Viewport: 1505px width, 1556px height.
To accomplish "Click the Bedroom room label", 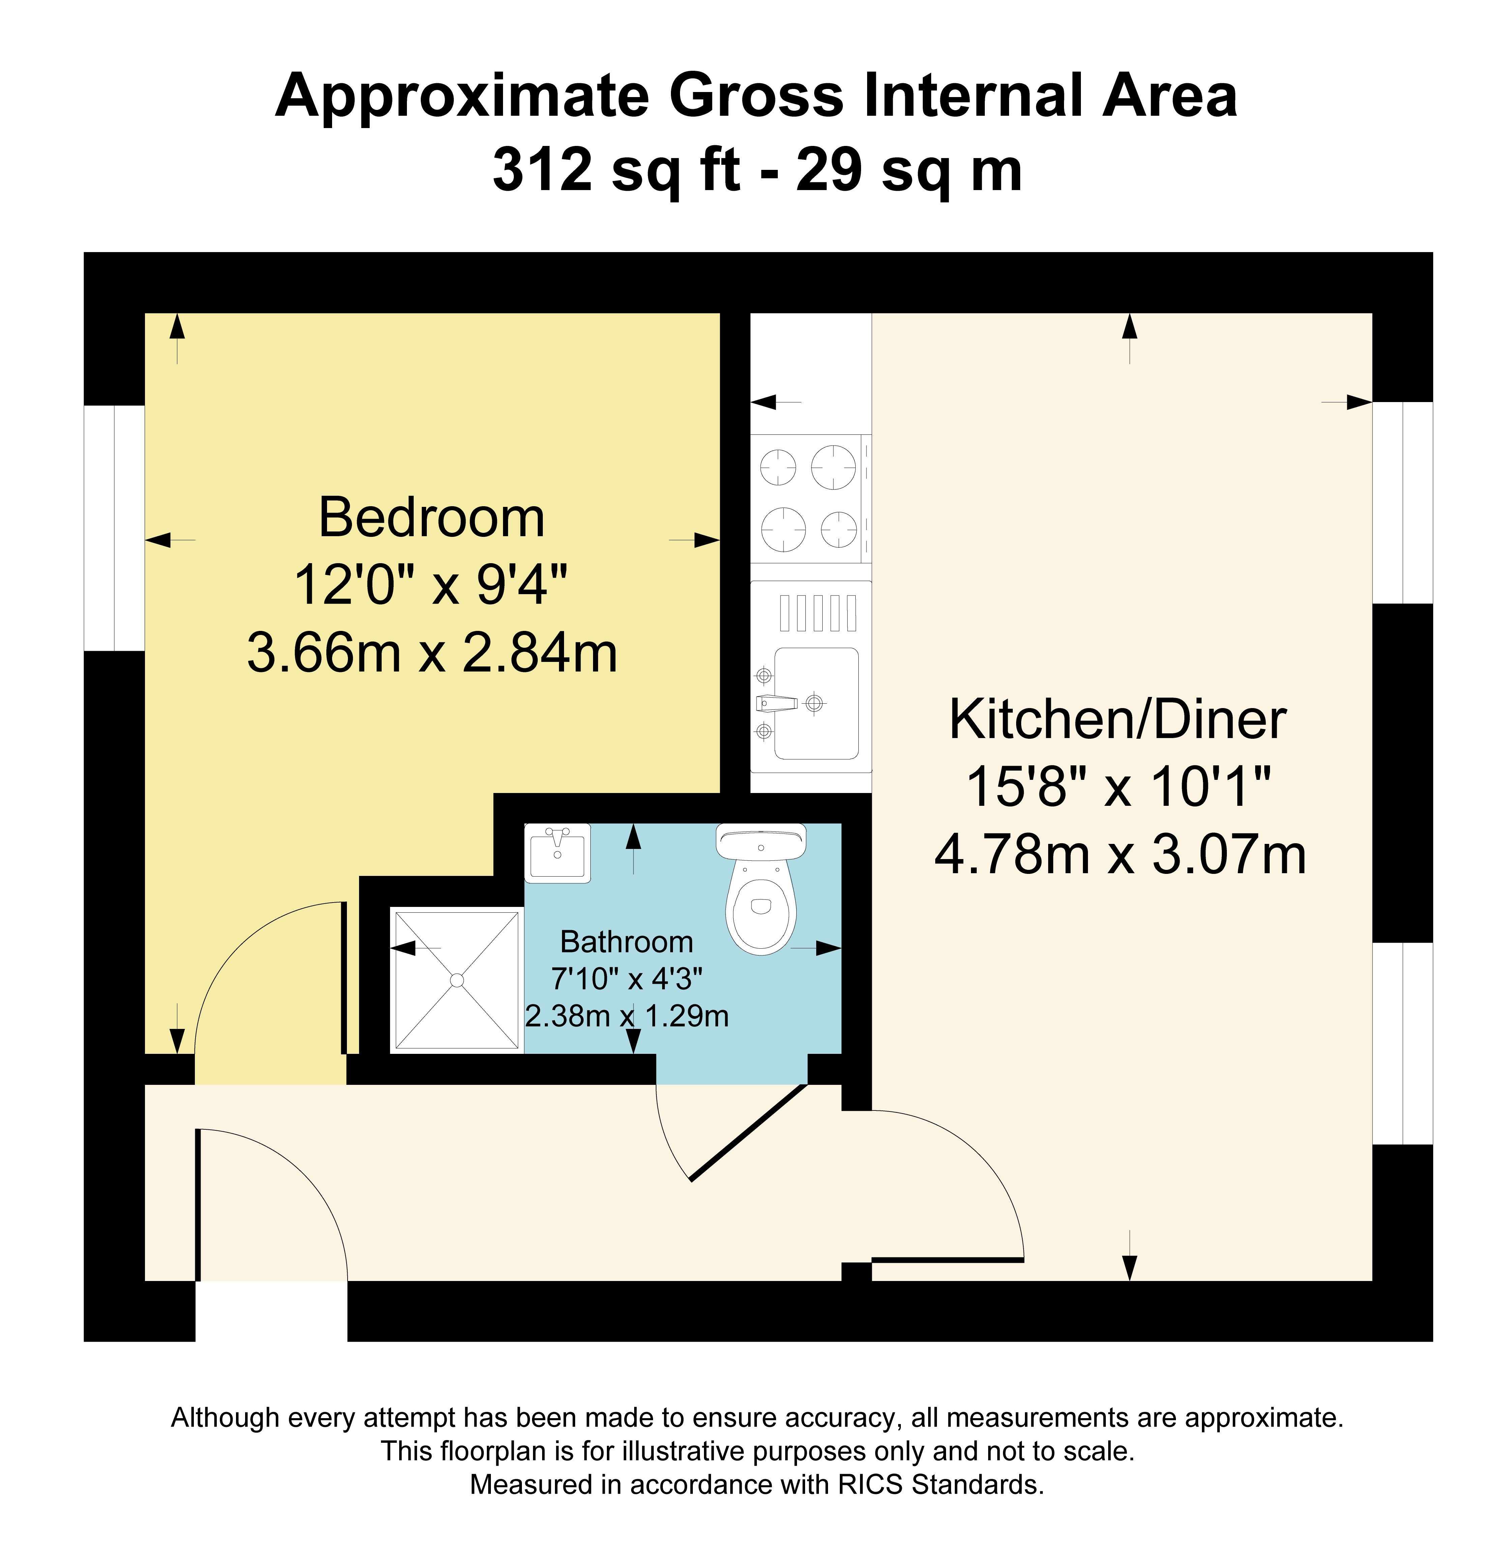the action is click(431, 518).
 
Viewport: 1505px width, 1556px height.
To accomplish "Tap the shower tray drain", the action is click(457, 980).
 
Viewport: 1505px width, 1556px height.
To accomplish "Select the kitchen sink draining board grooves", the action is click(818, 613).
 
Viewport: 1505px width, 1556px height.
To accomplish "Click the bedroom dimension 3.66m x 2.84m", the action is click(432, 652).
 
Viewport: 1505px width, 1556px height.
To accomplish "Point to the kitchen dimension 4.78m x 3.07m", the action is click(1120, 855).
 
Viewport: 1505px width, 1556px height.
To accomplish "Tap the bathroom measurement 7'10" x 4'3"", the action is click(627, 979).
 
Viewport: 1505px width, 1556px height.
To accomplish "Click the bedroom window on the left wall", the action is click(114, 528).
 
